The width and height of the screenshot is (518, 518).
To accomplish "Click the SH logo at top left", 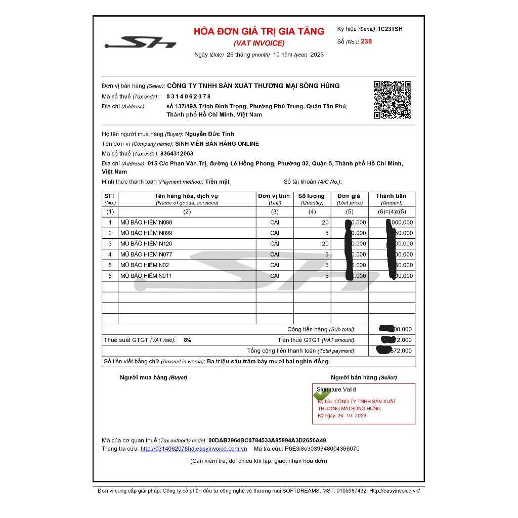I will tap(140, 42).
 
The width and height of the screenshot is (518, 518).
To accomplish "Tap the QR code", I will tap(392, 100).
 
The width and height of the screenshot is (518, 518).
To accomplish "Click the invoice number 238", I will tap(366, 41).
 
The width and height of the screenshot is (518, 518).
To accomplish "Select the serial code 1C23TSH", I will tap(390, 29).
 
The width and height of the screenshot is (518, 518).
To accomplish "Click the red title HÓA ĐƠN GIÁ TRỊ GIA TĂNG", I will tap(259, 31).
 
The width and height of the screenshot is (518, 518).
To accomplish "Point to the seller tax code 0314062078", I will tap(189, 96).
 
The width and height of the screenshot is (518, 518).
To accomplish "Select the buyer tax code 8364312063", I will tap(177, 153).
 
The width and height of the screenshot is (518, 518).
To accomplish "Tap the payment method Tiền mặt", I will tap(217, 182).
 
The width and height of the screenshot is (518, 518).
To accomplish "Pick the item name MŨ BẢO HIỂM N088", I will tap(146, 223).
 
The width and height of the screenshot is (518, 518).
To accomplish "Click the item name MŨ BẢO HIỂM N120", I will tap(146, 244).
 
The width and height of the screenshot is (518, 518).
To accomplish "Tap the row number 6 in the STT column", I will tap(110, 276).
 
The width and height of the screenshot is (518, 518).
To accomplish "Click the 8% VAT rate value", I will tap(188, 340).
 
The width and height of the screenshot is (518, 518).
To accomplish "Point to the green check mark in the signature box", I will tap(322, 394).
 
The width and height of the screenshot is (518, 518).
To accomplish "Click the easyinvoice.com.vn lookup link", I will tap(194, 449).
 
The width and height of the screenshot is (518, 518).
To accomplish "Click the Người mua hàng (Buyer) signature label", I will tap(153, 377).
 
